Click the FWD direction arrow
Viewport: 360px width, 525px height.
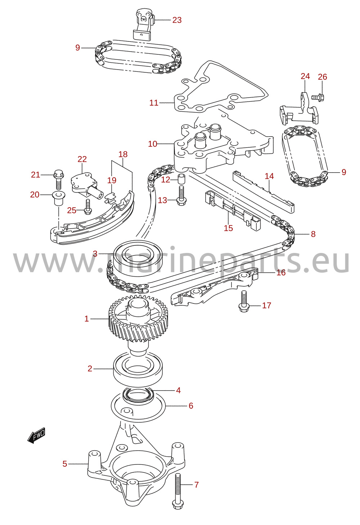point(36,435)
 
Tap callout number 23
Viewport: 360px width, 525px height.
point(177,20)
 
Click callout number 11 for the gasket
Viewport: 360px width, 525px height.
point(154,103)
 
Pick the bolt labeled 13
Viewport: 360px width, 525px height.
point(180,196)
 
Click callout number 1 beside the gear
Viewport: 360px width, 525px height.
point(87,319)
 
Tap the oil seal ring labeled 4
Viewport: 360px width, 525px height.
point(138,395)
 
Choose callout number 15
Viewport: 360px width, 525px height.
point(228,228)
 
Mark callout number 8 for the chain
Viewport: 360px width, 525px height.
point(313,234)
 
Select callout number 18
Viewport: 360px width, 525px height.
point(123,154)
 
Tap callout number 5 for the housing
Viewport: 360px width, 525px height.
point(65,464)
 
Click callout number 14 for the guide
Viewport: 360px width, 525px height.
point(269,176)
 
